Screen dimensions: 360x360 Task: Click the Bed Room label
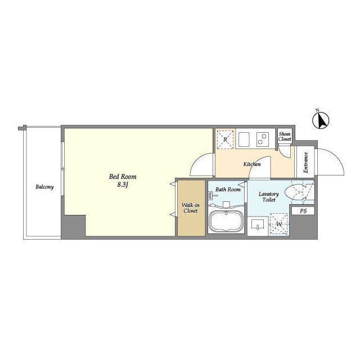123,177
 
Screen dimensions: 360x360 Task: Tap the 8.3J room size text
123,184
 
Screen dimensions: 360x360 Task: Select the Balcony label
44,187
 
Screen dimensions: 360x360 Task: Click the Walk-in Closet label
191,208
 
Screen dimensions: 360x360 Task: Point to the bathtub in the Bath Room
226,221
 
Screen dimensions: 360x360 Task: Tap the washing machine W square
279,224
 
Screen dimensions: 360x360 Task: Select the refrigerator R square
225,139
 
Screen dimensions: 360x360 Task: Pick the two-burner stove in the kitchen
263,139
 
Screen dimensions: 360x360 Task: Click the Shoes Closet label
285,136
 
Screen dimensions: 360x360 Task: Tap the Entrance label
305,163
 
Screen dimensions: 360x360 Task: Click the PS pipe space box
303,211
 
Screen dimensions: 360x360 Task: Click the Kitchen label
252,164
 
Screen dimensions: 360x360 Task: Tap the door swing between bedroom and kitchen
197,161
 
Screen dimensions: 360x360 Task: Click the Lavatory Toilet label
269,197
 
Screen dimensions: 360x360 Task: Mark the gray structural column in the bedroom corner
73,226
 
